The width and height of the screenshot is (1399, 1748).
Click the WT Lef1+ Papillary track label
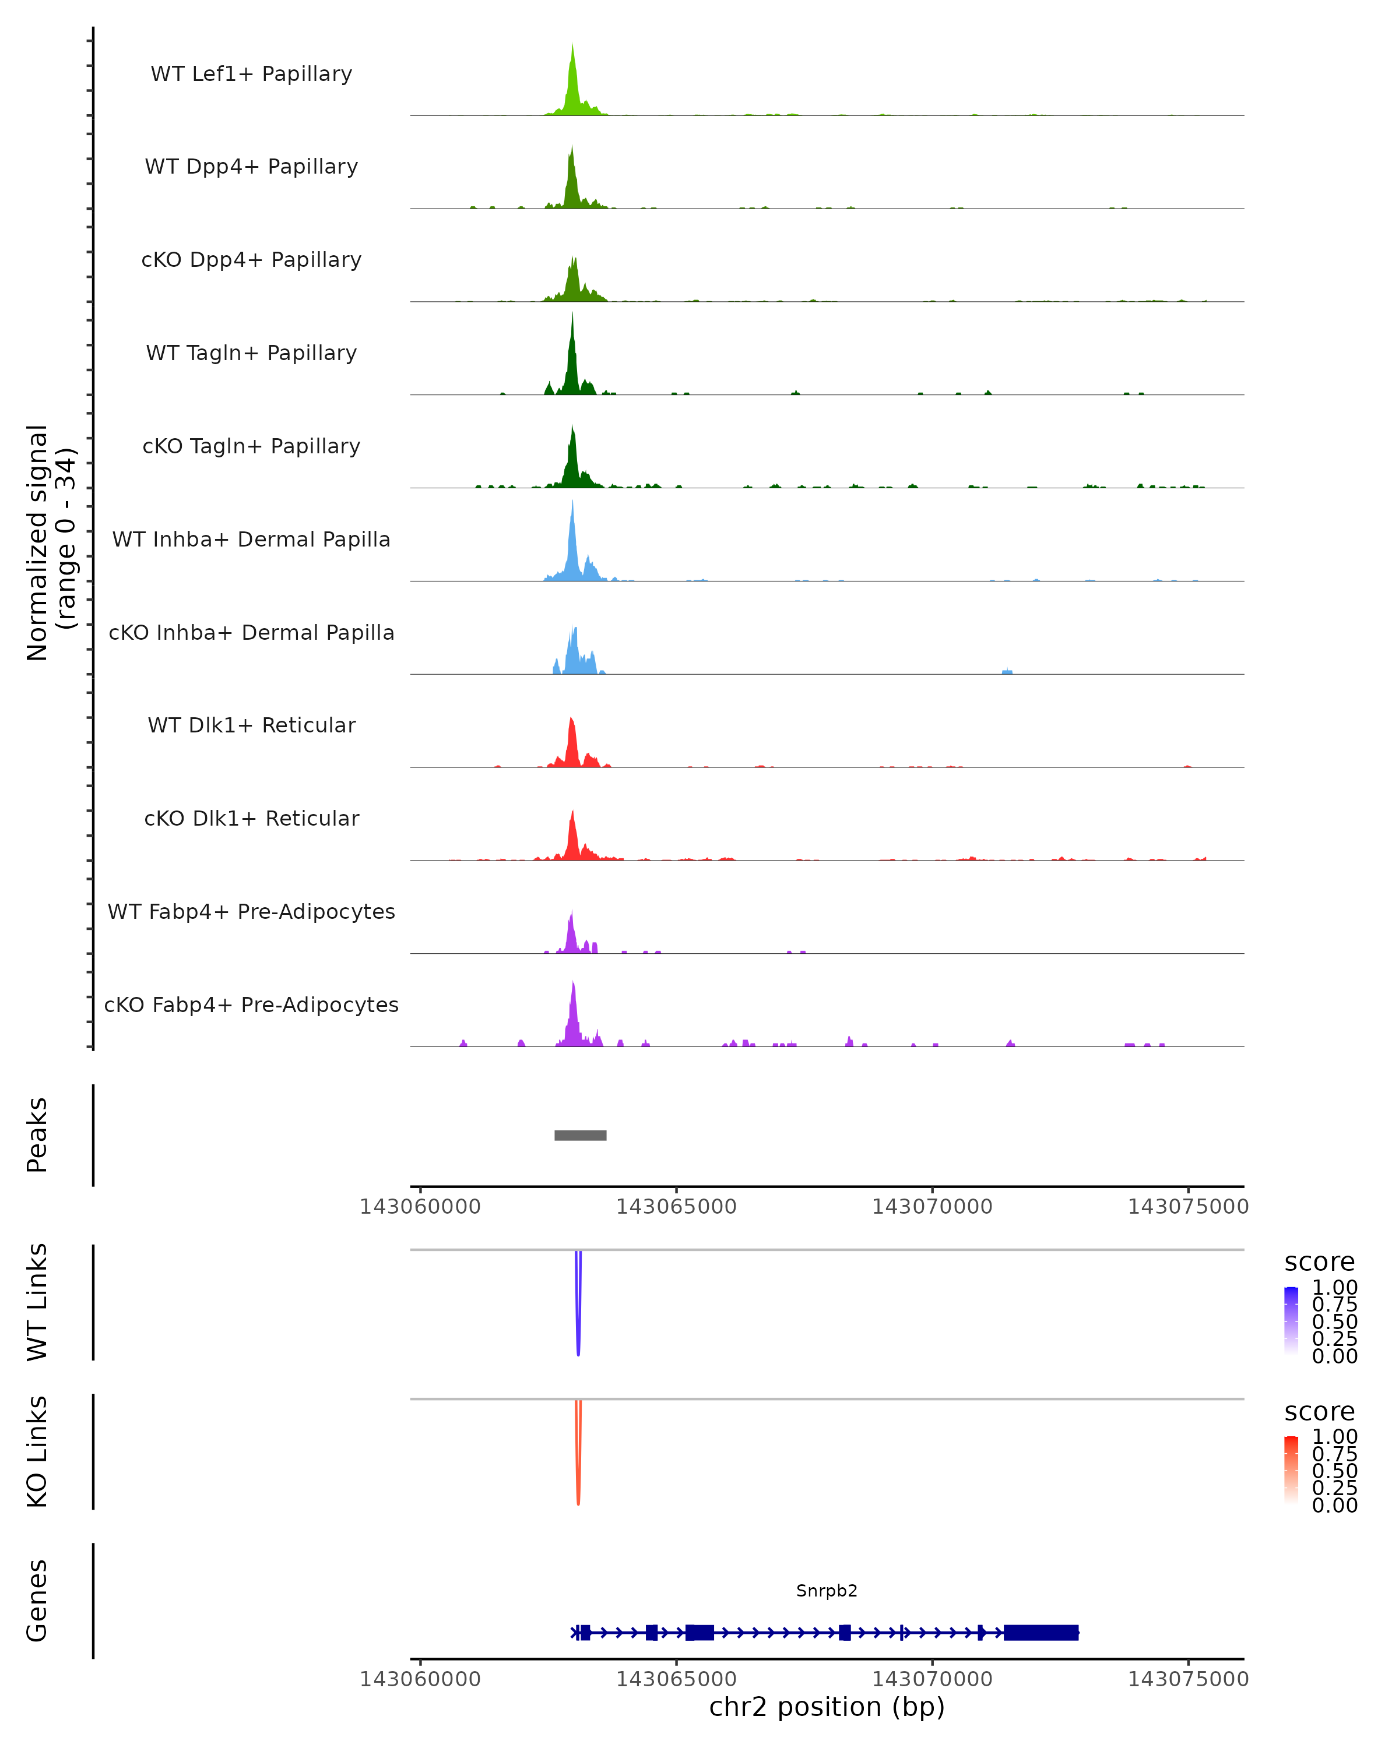pos(251,74)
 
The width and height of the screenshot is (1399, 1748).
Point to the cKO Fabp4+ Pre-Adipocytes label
pos(251,1005)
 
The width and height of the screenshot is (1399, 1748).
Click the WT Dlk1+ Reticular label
pos(251,725)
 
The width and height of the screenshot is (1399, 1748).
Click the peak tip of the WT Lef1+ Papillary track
pos(572,46)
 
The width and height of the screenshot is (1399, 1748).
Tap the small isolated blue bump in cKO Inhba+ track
pos(1007,671)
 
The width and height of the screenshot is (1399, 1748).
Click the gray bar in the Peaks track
pos(580,1135)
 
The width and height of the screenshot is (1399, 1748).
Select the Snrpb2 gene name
pos(827,1591)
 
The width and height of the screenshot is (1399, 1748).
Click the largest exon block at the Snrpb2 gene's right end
pos(1041,1633)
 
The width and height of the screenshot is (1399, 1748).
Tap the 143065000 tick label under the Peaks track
pos(676,1207)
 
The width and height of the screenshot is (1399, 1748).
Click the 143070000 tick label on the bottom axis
pos(932,1679)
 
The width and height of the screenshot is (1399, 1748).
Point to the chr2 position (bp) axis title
pos(827,1707)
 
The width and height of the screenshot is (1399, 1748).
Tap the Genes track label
pos(37,1601)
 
